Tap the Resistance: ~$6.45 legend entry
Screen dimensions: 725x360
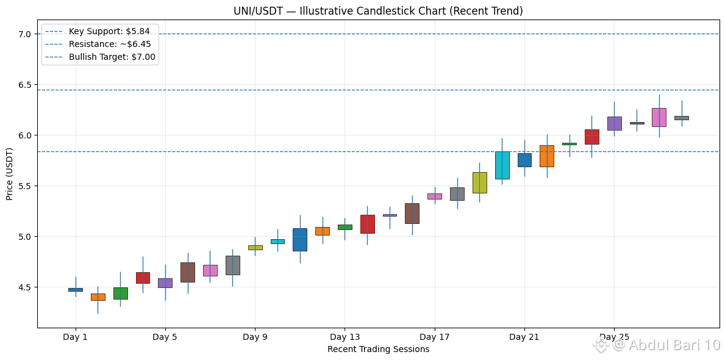click(x=101, y=45)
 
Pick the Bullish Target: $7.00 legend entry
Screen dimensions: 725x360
click(x=101, y=57)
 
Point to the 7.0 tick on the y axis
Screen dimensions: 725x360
click(x=26, y=34)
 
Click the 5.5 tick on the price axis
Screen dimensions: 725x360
click(x=26, y=186)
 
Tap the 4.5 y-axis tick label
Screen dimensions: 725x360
click(x=26, y=287)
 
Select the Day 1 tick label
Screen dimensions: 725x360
click(x=76, y=337)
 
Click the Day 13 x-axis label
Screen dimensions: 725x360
click(x=345, y=337)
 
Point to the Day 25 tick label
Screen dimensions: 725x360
click(x=614, y=337)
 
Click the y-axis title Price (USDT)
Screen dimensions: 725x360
click(x=10, y=175)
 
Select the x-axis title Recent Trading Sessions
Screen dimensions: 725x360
click(x=378, y=350)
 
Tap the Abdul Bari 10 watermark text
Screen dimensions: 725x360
click(x=666, y=345)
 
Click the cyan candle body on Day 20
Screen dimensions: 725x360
click(x=502, y=165)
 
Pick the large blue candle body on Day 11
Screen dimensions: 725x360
click(x=300, y=240)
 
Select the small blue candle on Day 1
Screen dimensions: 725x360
click(x=76, y=290)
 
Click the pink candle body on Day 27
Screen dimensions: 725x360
click(x=659, y=118)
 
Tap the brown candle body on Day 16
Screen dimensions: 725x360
click(x=412, y=214)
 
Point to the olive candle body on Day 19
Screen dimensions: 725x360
click(x=479, y=183)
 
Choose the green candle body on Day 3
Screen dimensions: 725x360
click(x=120, y=293)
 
